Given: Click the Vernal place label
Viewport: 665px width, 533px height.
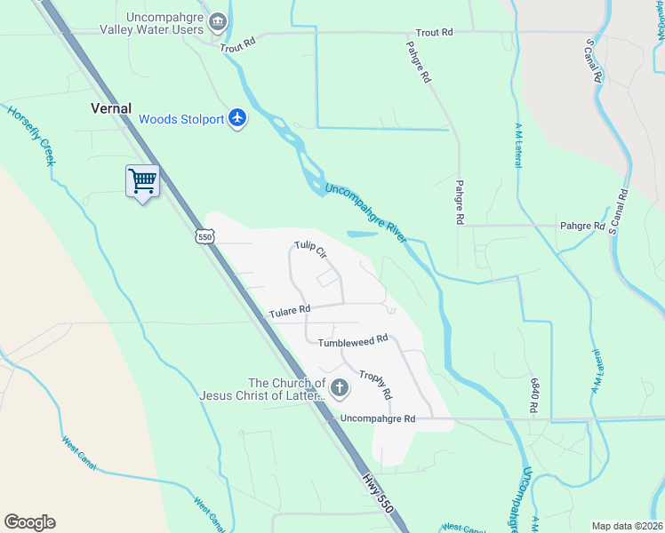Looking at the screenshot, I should [111, 108].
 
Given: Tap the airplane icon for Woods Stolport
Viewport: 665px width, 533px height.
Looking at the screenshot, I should [237, 118].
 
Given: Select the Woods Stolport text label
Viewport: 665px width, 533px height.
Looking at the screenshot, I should [182, 119].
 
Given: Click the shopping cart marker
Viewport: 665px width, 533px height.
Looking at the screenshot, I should [142, 181].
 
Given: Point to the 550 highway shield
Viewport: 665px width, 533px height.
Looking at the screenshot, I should [205, 236].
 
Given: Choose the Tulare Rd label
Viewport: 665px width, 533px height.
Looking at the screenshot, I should [291, 310].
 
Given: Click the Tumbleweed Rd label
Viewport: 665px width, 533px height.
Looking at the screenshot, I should [354, 339].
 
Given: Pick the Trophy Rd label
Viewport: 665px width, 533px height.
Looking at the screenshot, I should [375, 384].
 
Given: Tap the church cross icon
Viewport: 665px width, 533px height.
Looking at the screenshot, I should [339, 387].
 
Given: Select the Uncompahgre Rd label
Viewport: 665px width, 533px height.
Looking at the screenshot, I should [378, 418].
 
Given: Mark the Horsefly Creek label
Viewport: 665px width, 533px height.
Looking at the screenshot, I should [31, 136].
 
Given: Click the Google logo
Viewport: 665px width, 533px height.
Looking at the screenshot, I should [29, 521].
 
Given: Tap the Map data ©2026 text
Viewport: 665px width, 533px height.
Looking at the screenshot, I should [627, 526].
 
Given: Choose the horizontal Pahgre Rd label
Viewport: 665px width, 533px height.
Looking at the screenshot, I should [582, 226].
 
